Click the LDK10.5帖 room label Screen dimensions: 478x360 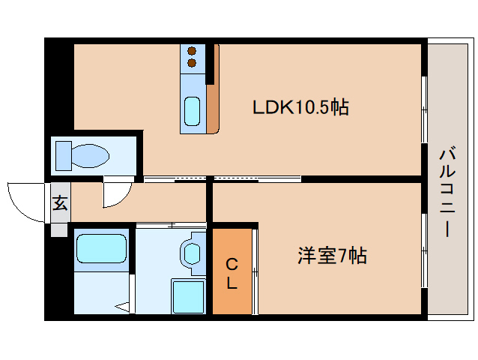(x=300, y=107)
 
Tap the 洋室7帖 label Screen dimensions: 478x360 (x=333, y=255)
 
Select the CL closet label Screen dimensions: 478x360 (x=232, y=274)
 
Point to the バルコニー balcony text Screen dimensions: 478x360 (x=447, y=193)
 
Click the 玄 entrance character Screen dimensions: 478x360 (x=60, y=202)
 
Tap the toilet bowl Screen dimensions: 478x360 (x=90, y=156)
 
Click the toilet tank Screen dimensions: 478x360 (x=64, y=156)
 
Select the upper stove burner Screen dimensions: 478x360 (x=192, y=51)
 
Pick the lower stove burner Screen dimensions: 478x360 (x=192, y=63)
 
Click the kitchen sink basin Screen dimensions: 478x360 (x=193, y=111)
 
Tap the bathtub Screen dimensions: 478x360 (x=101, y=249)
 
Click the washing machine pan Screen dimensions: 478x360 (x=188, y=296)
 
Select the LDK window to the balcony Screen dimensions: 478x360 (x=424, y=109)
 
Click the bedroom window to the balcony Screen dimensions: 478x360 (x=424, y=250)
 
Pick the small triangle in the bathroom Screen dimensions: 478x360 (x=123, y=307)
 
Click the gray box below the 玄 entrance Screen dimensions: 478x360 (x=59, y=230)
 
